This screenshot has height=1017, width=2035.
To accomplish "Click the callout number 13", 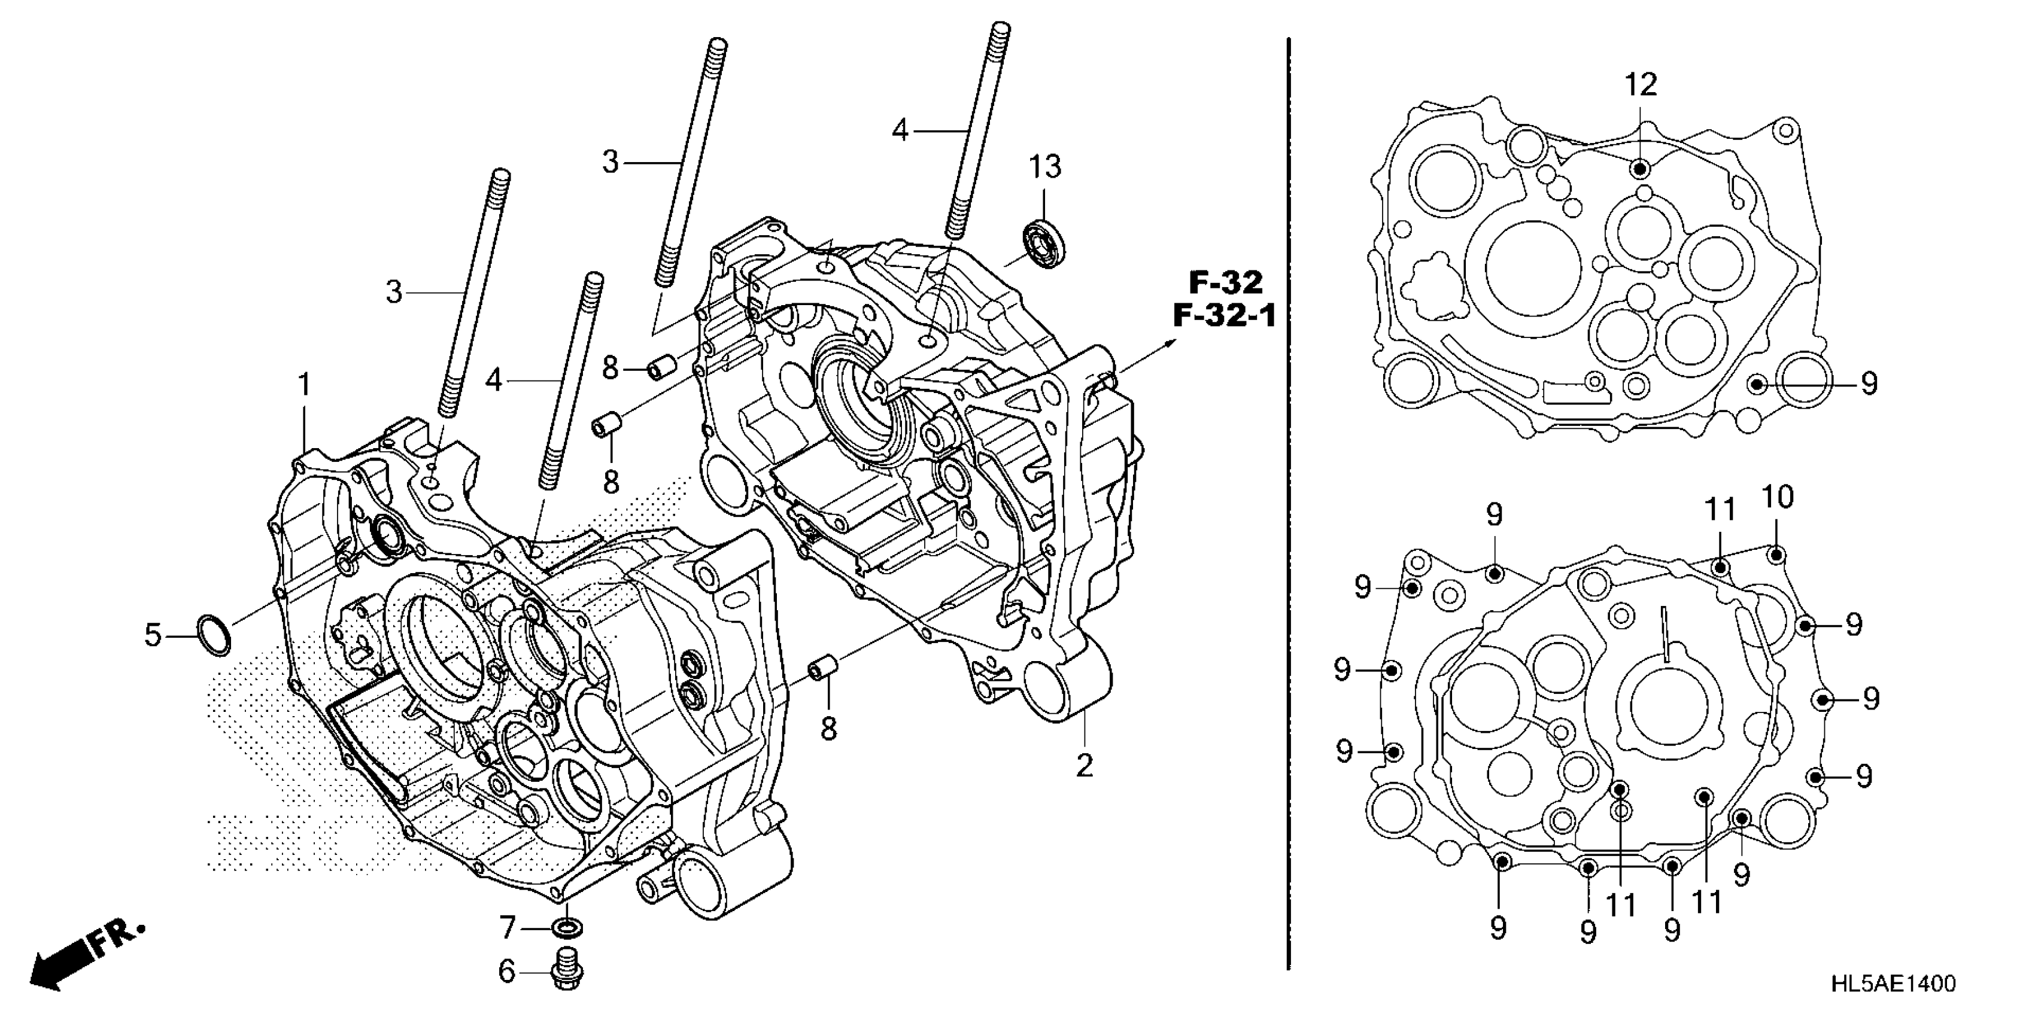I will click(1044, 168).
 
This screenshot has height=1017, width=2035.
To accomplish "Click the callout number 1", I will click(304, 385).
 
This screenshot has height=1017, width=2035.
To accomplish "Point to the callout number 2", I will click(1085, 765).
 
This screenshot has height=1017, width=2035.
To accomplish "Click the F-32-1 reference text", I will click(1223, 316).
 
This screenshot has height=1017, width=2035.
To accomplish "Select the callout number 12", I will click(1641, 84).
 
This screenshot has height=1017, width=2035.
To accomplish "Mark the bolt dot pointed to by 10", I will click(1776, 555).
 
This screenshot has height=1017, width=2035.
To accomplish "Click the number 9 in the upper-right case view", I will click(1869, 385).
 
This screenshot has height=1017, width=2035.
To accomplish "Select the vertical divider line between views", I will click(1289, 506).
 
